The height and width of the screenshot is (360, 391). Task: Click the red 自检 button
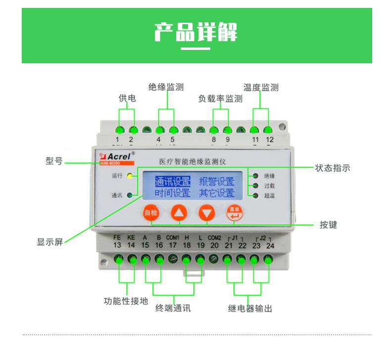[x=150, y=213]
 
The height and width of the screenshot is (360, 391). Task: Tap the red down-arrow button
[x=206, y=213]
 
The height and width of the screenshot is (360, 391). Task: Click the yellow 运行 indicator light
[x=130, y=175]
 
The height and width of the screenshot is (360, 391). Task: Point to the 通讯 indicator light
[x=130, y=195]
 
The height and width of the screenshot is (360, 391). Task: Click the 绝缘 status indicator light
[x=255, y=176]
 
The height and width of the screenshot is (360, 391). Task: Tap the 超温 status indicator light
[x=255, y=196]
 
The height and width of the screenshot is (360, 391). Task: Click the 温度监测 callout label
[x=261, y=88]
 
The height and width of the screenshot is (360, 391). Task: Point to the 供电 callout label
[x=127, y=98]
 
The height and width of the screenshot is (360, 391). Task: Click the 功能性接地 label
[x=126, y=301]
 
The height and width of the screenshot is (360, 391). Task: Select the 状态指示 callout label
[x=332, y=168]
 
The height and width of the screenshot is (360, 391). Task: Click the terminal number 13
[x=117, y=245]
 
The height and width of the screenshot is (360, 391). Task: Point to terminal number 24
[x=269, y=245]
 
